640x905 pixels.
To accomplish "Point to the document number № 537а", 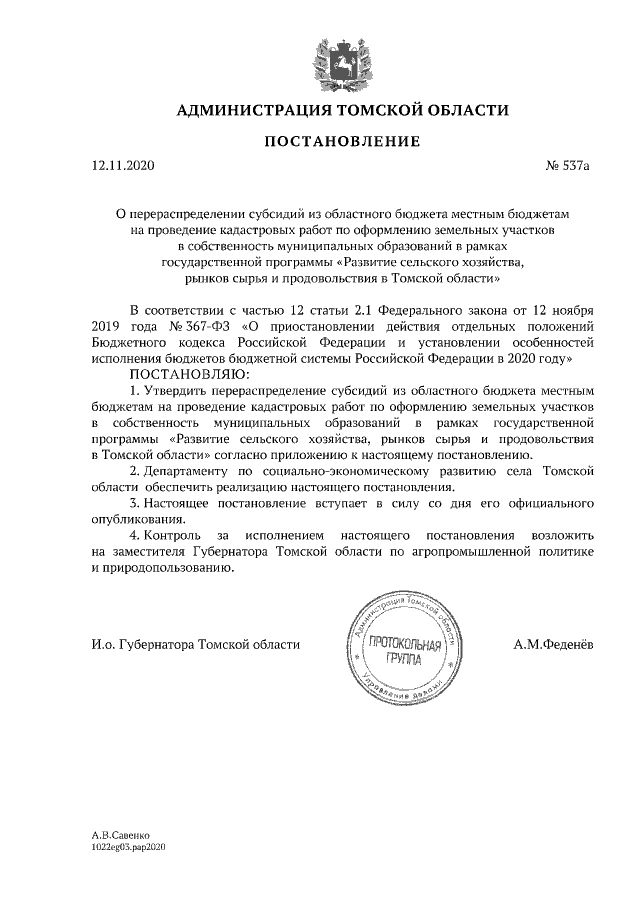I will point(568,167).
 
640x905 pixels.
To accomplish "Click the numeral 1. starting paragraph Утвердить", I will point(136,389).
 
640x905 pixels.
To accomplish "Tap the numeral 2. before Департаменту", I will point(136,469).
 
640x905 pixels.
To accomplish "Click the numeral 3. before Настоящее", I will point(136,503).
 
